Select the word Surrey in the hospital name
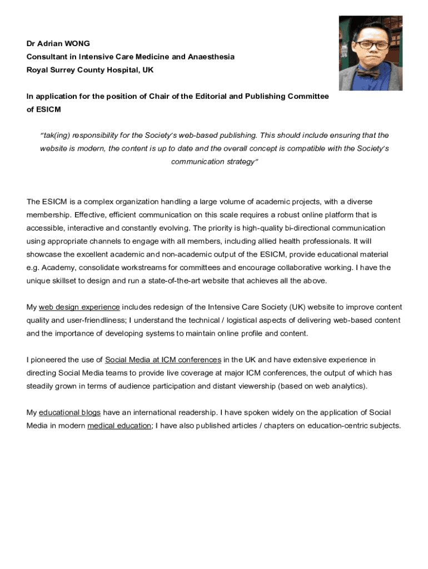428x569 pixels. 64,70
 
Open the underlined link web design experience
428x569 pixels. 79,307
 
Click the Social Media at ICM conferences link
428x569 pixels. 163,360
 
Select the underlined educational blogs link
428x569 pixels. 69,412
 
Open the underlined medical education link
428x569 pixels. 120,426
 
